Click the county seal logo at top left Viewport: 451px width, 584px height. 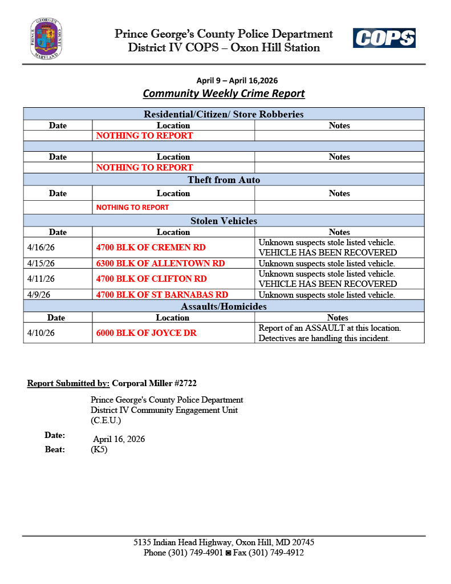coord(46,39)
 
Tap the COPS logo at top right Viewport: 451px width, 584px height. coord(384,38)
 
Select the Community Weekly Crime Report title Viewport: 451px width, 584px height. coord(224,94)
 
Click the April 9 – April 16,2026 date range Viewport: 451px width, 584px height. coord(237,80)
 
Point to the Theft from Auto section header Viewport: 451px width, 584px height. coord(224,180)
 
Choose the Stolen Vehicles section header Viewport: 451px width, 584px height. coord(224,221)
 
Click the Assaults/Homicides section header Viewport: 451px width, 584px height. coord(224,307)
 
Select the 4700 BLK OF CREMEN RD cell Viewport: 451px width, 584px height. coord(151,248)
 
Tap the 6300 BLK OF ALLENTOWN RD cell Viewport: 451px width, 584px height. coord(161,263)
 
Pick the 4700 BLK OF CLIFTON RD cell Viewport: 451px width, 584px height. coord(152,279)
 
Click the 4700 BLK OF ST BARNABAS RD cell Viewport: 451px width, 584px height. coord(162,295)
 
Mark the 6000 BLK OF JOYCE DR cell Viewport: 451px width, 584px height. coord(147,333)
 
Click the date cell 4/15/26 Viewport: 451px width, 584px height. coord(41,263)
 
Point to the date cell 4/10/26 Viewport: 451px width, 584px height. coord(41,333)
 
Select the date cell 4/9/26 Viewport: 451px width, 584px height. coord(39,295)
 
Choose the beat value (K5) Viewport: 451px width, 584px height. coord(99,449)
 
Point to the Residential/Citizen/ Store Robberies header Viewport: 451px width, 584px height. coord(224,115)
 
